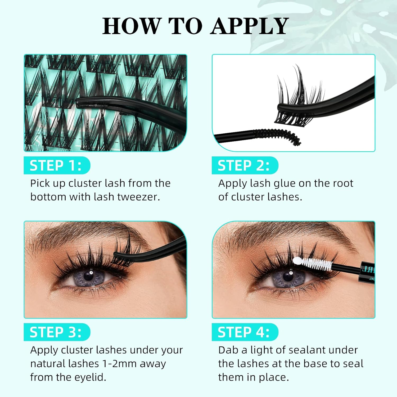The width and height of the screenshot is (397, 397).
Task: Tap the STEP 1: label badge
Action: click(56, 166)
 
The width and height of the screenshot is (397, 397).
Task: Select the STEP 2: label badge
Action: click(244, 166)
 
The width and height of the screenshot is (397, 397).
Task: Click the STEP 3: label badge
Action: click(56, 332)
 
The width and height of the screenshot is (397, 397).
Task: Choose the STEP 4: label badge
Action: click(244, 332)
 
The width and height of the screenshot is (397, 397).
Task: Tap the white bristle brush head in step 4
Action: click(316, 264)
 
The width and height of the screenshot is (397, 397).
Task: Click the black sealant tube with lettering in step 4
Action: click(368, 273)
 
